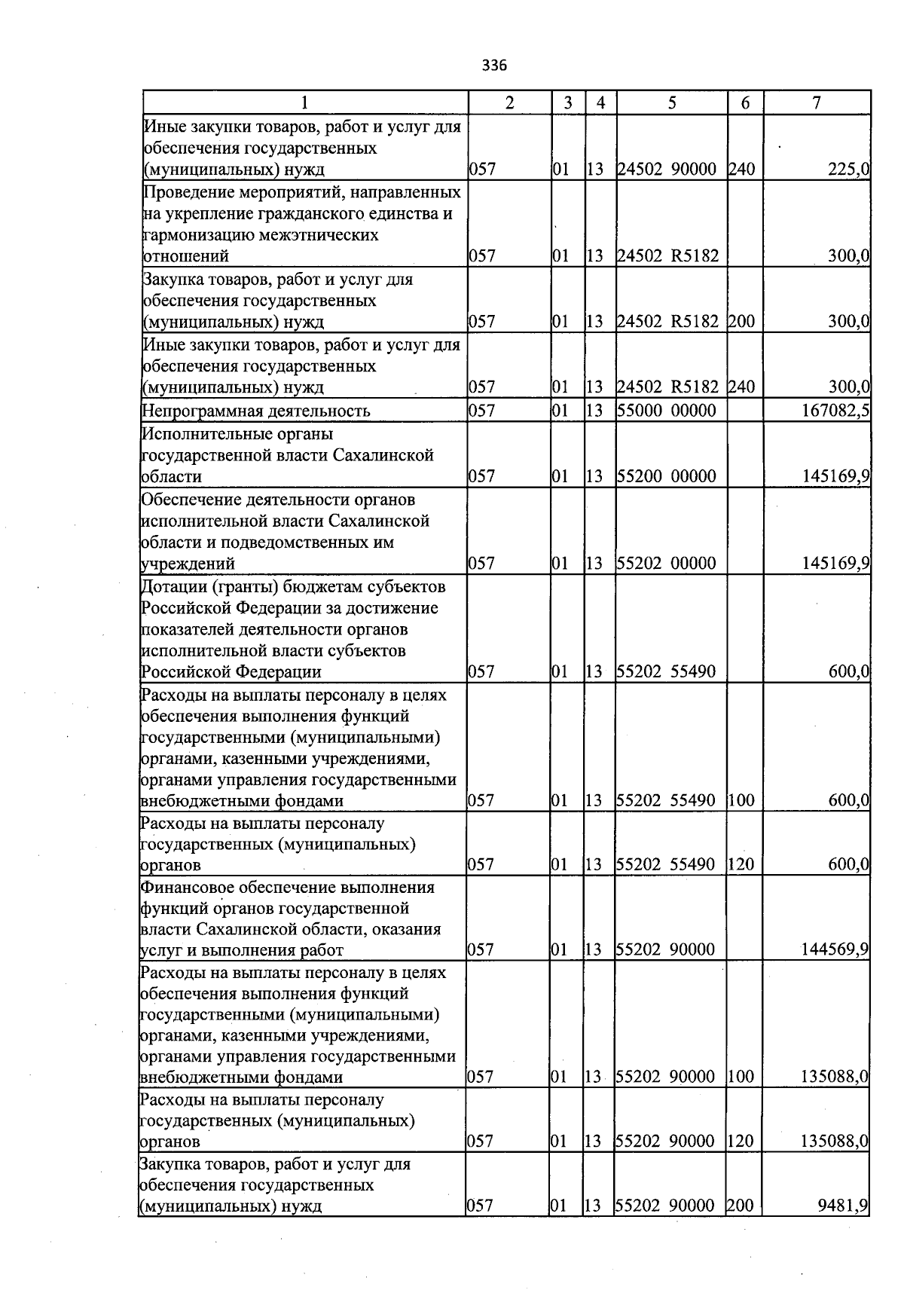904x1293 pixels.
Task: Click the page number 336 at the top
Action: pos(494,66)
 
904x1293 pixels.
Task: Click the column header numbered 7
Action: pos(817,102)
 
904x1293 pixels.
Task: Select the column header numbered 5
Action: pos(671,102)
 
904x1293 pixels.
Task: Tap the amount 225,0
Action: pos(848,170)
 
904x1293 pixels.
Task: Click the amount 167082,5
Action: pos(836,411)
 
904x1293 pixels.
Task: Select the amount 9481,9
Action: pos(843,1206)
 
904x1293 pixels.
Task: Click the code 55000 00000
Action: pos(666,411)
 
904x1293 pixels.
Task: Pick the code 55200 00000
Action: pos(666,476)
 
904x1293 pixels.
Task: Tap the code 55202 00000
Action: pos(666,564)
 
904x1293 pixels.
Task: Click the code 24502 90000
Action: pos(666,170)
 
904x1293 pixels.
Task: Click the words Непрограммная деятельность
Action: pos(256,411)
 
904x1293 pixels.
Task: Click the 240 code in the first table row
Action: pos(741,170)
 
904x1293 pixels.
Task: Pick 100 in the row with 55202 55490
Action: pos(741,800)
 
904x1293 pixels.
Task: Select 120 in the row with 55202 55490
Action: pos(741,864)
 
